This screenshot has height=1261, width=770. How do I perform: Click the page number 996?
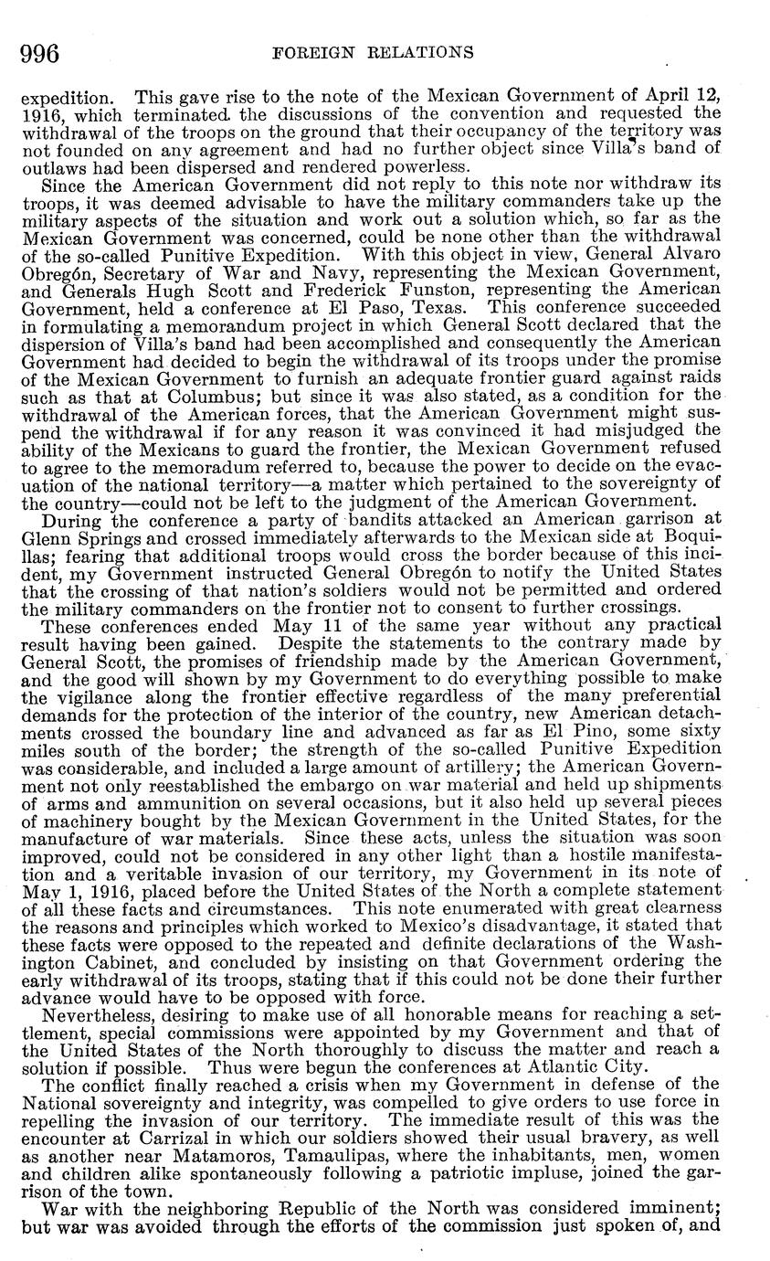click(x=40, y=53)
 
